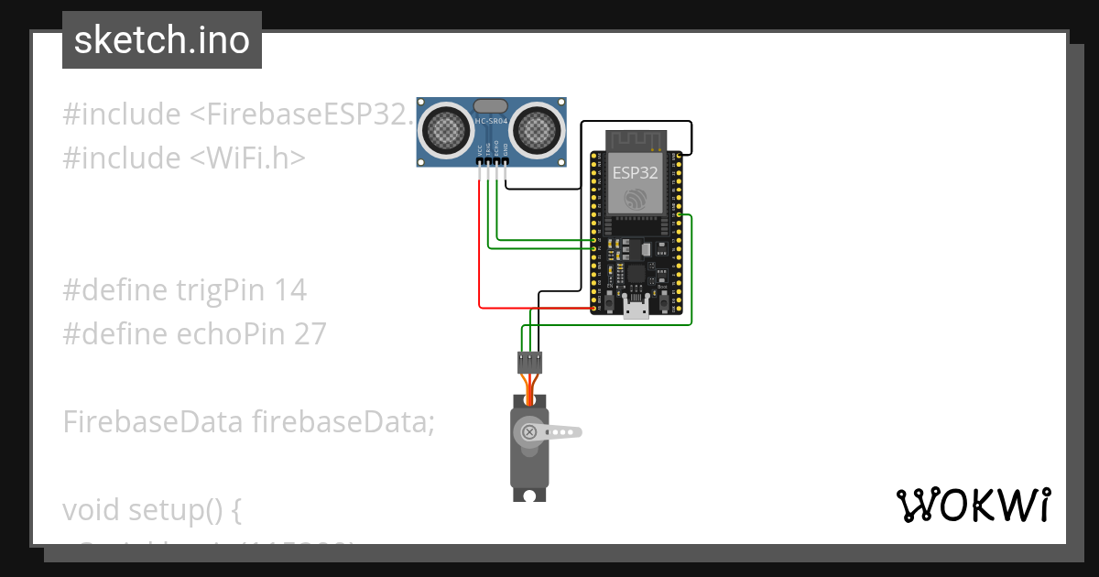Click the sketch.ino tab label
click(162, 40)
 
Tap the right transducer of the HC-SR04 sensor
click(536, 130)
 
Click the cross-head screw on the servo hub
click(528, 431)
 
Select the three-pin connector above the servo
click(529, 362)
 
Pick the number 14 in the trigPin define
click(290, 290)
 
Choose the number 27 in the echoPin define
click(310, 334)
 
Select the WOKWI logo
click(973, 505)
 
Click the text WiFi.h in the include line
click(254, 158)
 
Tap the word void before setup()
click(92, 509)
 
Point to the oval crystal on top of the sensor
click(492, 106)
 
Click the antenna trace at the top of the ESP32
click(636, 140)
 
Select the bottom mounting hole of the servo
click(528, 495)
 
